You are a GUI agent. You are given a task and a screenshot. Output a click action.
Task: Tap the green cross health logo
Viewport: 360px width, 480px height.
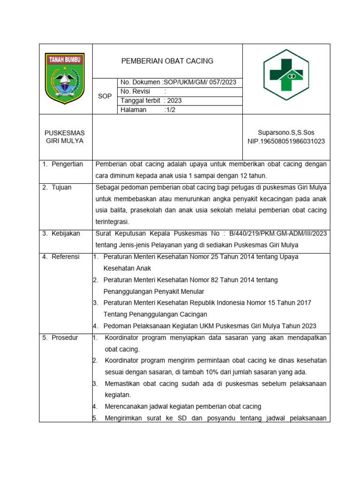pos(286,77)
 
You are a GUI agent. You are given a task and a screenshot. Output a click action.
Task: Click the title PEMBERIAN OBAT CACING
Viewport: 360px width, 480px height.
pos(167,61)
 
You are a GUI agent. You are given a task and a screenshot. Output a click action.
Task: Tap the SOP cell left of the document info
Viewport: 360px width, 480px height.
pos(105,96)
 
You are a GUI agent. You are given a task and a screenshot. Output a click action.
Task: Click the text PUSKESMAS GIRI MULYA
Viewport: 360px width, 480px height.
pos(64,137)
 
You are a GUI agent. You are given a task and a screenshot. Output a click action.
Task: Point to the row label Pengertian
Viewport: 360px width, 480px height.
pos(67,164)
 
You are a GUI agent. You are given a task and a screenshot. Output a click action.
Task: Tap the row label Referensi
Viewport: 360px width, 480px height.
pos(65,257)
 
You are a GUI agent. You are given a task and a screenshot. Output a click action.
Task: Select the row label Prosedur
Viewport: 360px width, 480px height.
pos(64,337)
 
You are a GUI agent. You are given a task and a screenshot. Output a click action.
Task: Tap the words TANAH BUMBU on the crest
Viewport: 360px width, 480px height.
pos(64,59)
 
